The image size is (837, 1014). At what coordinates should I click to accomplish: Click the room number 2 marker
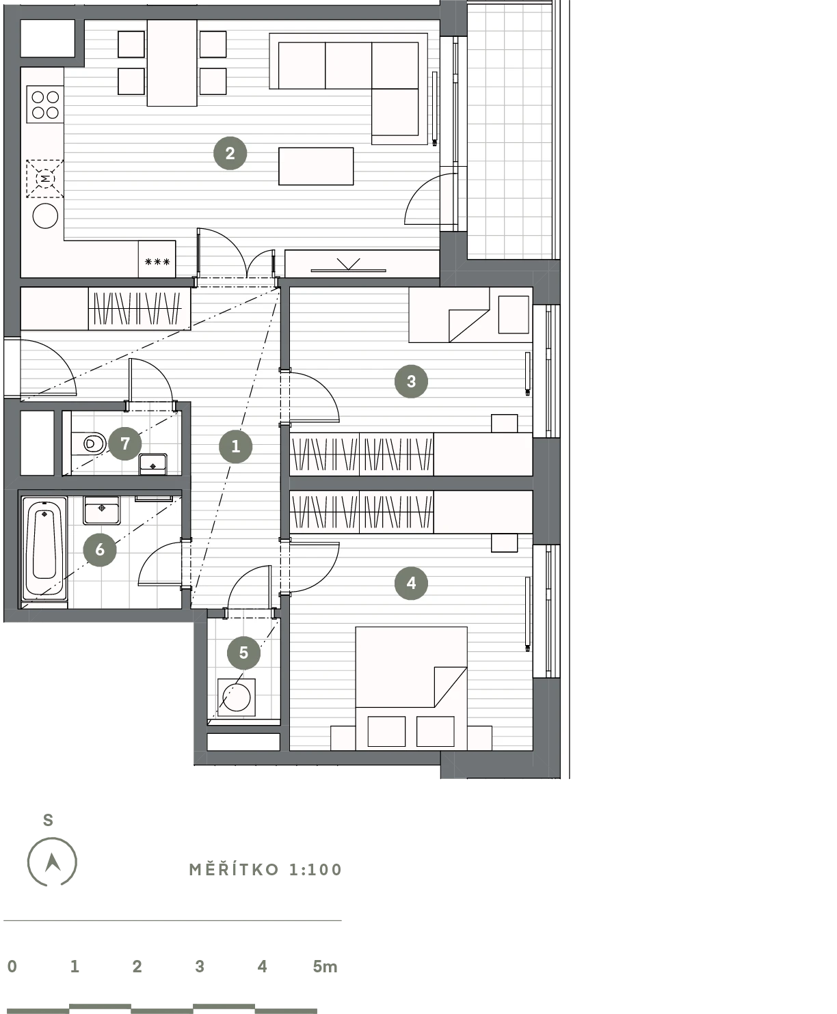230,153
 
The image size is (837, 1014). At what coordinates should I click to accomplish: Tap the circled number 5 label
243,653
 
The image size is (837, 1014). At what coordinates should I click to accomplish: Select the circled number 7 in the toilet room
125,443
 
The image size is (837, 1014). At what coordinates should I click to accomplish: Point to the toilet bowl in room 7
88,443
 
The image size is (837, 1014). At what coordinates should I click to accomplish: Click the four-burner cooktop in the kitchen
45,105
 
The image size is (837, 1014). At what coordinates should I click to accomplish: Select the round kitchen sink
45,216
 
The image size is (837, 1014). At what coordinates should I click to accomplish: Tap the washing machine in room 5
236,698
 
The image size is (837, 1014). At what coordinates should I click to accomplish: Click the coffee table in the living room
316,166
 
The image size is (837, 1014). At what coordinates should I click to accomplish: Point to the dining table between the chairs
172,63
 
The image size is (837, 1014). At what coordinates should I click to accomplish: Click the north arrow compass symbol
52,862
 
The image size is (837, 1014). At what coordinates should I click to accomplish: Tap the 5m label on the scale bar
325,966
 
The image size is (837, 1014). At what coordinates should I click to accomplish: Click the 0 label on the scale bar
12,966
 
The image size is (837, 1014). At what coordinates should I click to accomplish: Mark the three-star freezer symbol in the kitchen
157,262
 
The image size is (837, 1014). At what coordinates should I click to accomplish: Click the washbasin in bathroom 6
102,510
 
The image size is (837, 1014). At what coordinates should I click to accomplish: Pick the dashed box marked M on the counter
44,179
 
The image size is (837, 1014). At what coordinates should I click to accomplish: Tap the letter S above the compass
48,820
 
